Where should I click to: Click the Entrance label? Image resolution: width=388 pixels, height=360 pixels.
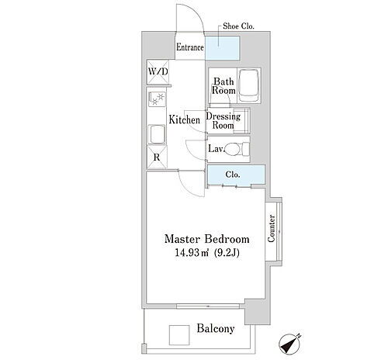point(190,47)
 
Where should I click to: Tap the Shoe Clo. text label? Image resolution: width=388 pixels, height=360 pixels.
point(238,26)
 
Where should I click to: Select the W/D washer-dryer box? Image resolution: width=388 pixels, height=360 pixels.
point(158,72)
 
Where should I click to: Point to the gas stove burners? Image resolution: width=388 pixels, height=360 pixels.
point(158,99)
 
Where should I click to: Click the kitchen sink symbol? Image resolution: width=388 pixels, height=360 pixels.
point(157,134)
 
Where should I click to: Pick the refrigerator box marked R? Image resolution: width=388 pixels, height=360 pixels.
point(157,157)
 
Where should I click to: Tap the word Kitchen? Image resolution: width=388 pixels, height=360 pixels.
point(185,119)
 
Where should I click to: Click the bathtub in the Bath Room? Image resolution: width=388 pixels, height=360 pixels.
point(248,85)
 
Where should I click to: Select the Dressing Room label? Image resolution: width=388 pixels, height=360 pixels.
point(223,121)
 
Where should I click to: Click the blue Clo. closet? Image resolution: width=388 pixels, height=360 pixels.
point(237,175)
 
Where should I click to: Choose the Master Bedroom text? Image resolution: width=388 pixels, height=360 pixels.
point(207,239)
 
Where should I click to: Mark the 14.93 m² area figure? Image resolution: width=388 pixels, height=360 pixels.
point(192,252)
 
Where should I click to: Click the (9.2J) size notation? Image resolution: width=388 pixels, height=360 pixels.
point(227,252)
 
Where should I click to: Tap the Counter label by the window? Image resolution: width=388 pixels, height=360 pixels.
point(271,228)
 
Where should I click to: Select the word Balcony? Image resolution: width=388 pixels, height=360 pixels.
point(216,329)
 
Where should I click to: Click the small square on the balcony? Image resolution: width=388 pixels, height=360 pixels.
point(179,335)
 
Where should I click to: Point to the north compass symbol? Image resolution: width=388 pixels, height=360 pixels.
point(289,344)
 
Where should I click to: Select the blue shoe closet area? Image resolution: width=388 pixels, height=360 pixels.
point(223,48)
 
